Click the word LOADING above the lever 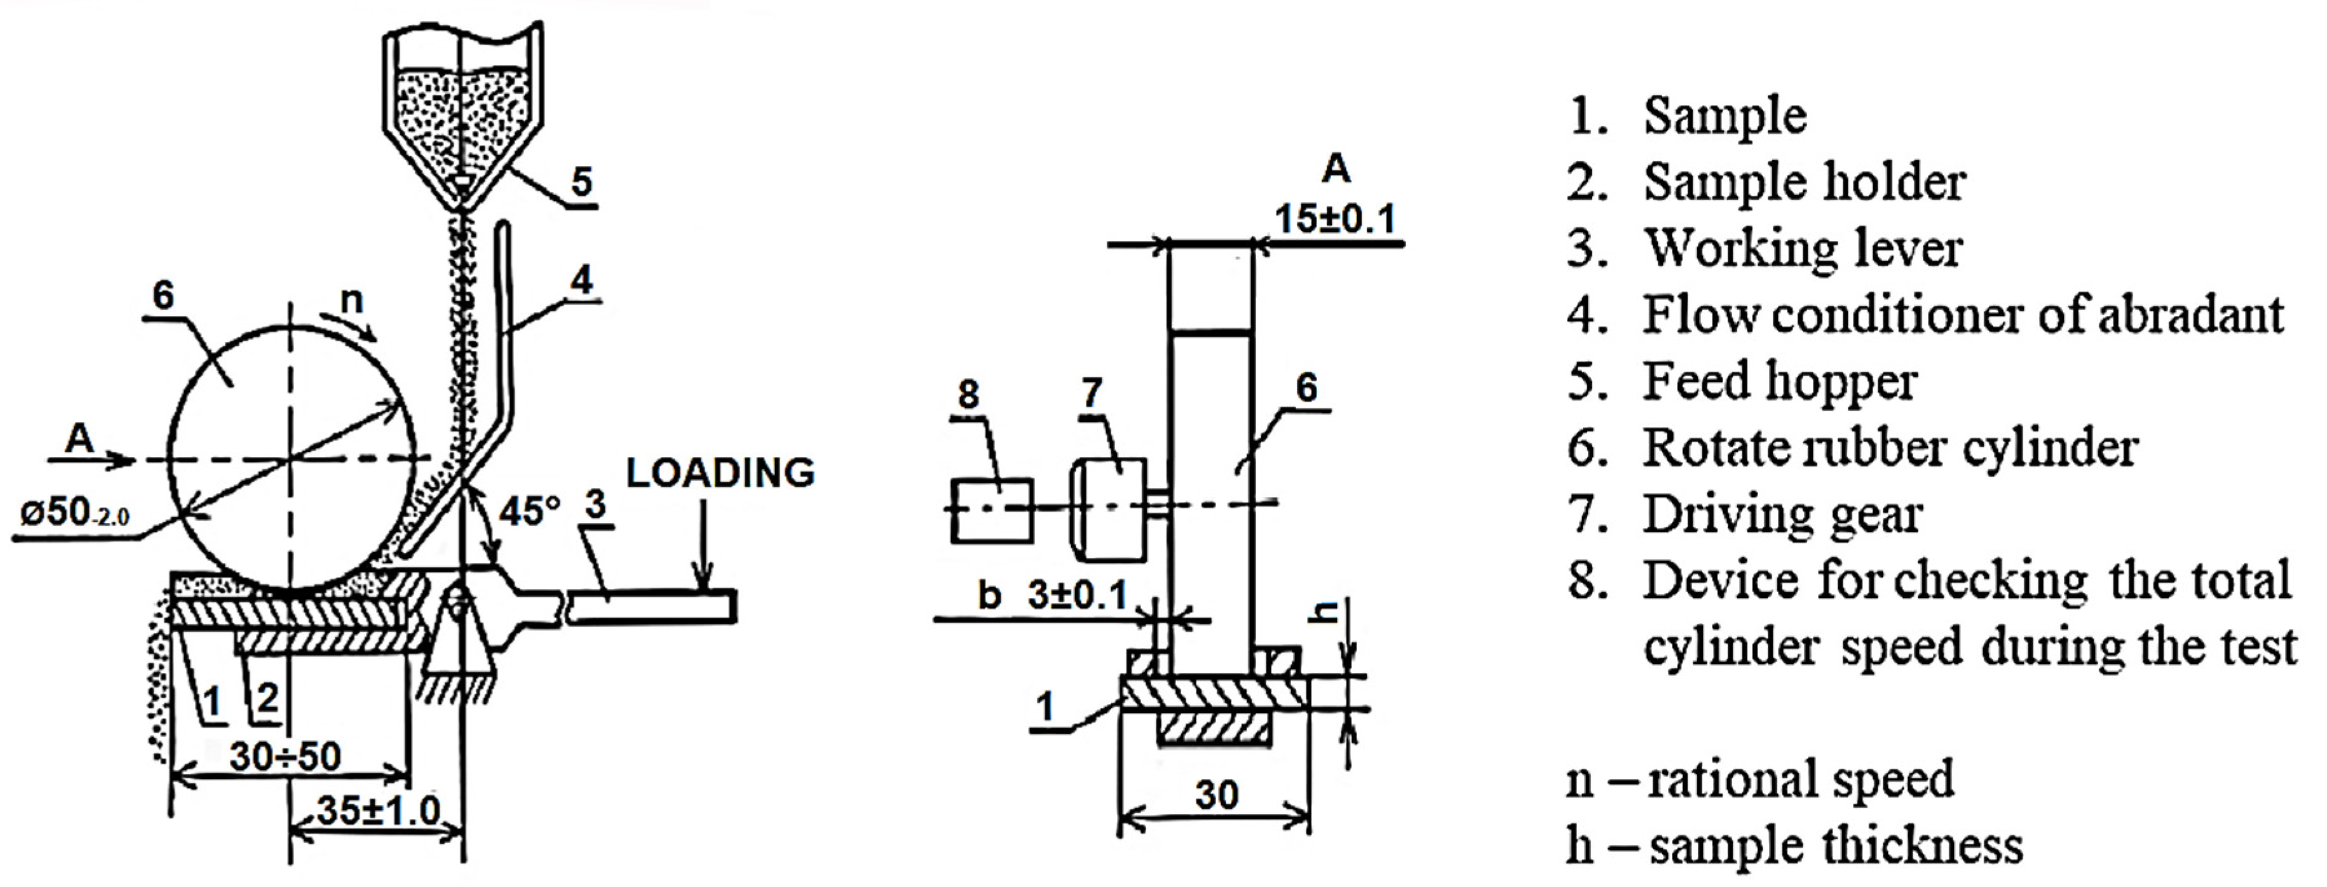tap(720, 473)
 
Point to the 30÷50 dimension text tap(285, 756)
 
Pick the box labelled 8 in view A tap(992, 511)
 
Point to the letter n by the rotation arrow tap(352, 299)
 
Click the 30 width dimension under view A tap(1216, 795)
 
